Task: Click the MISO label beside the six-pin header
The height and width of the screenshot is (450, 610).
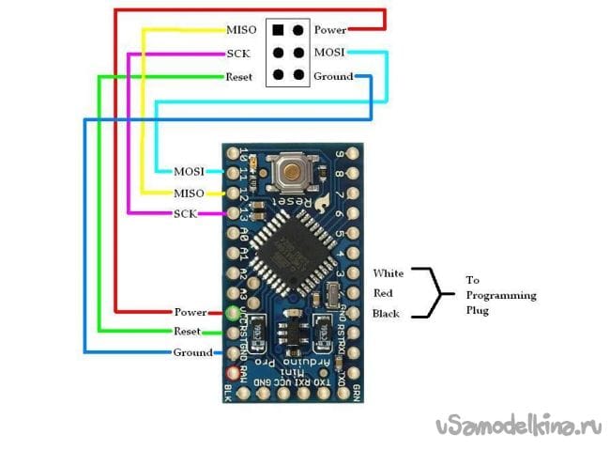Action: coord(243,30)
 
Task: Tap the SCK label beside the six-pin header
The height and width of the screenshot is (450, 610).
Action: coord(238,54)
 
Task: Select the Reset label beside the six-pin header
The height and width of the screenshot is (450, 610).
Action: coord(239,76)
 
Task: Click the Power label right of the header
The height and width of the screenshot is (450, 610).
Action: coord(330,30)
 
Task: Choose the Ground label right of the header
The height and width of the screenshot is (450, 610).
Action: coord(333,76)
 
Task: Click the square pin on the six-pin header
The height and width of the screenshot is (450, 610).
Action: coord(278,30)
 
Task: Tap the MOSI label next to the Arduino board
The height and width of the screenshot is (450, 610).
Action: coord(190,171)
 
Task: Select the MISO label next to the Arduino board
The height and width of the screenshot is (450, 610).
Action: coord(190,193)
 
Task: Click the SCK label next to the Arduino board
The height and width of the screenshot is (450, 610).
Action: coord(186,214)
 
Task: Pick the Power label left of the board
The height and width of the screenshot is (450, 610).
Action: coord(191,312)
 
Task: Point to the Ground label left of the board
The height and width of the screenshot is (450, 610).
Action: coord(193,353)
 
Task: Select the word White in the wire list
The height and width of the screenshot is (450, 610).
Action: coord(389,272)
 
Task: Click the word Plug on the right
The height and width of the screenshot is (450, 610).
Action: coord(479,309)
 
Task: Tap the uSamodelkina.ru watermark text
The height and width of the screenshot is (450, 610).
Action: coord(518,427)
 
